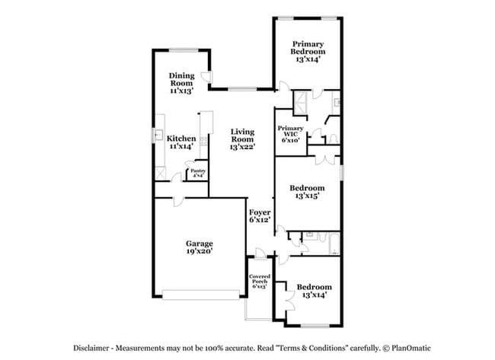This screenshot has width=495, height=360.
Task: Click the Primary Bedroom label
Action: tap(308, 52)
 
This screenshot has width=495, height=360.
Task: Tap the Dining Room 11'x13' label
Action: tap(181, 83)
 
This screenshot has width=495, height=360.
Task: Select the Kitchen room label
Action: tap(181, 142)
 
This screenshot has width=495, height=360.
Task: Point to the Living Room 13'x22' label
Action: tap(242, 139)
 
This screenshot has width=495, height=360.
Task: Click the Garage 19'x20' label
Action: tap(200, 247)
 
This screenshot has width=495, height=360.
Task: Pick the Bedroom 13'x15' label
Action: tap(307, 192)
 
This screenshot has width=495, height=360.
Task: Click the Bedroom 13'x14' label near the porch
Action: tap(314, 291)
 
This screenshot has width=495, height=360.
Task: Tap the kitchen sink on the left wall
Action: tap(157, 135)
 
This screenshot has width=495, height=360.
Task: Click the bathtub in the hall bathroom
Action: tap(334, 244)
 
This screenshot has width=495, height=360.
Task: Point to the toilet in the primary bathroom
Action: tap(333, 139)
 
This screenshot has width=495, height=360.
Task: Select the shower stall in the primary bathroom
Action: tap(299, 104)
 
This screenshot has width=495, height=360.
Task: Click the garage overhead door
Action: tap(201, 295)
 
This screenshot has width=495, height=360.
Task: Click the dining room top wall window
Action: tap(184, 49)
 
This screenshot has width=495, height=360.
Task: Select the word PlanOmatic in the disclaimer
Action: tap(411, 349)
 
